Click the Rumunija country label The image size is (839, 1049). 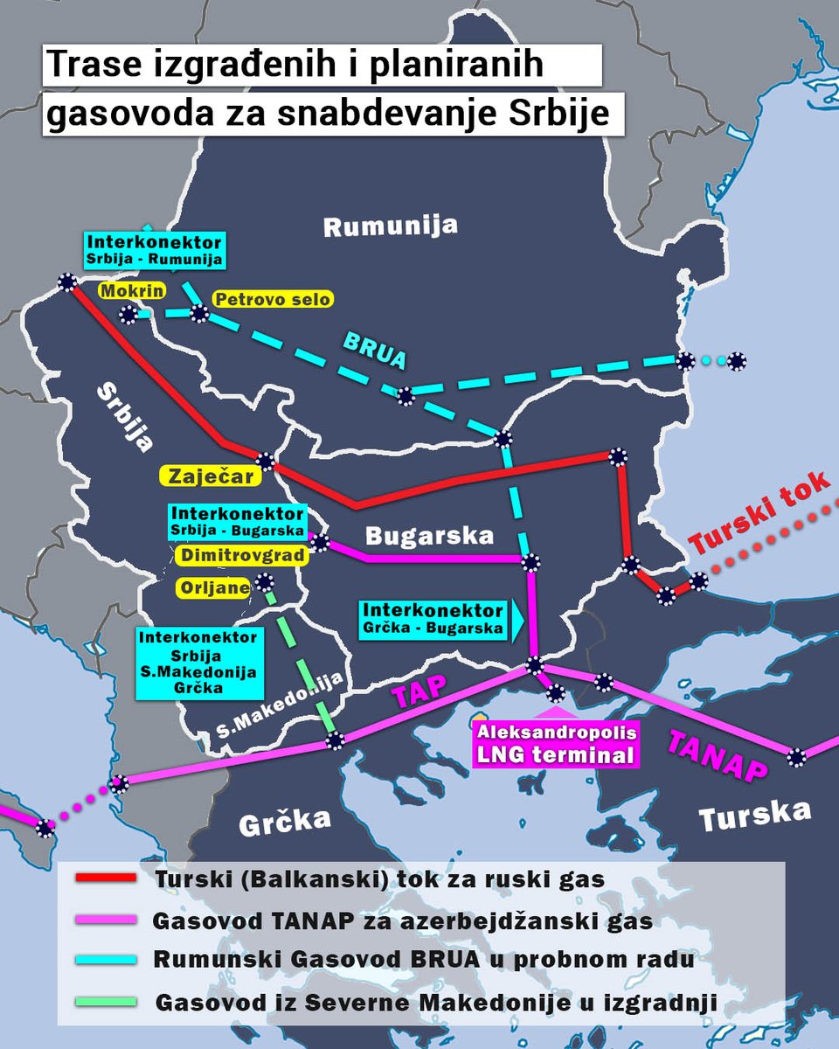coord(390,226)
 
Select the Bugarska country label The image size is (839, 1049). coord(429,535)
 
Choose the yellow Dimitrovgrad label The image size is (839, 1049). coord(239,555)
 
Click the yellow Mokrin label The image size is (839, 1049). coord(131,290)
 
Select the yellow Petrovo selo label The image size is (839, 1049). coord(273,299)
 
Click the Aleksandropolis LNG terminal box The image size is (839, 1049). coord(555,743)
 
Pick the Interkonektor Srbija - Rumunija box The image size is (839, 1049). coord(153,250)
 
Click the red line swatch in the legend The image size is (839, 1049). coord(106,878)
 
